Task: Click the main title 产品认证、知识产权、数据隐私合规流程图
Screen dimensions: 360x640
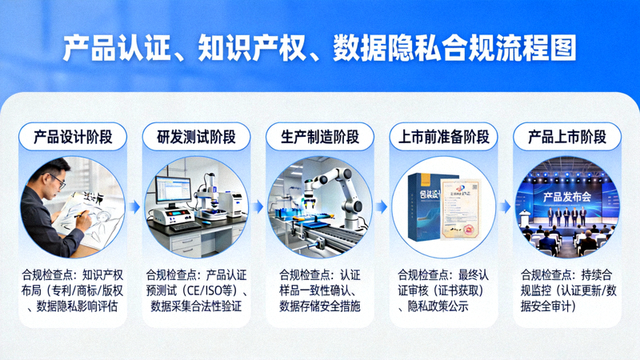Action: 319,47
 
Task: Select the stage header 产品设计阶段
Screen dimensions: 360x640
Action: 79,137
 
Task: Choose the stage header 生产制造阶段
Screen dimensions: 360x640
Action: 319,137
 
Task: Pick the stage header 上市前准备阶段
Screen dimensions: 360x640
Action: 444,137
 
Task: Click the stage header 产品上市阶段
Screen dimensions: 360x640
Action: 567,137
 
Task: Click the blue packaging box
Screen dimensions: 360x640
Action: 423,206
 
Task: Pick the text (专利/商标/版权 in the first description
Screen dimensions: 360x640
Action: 87,290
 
